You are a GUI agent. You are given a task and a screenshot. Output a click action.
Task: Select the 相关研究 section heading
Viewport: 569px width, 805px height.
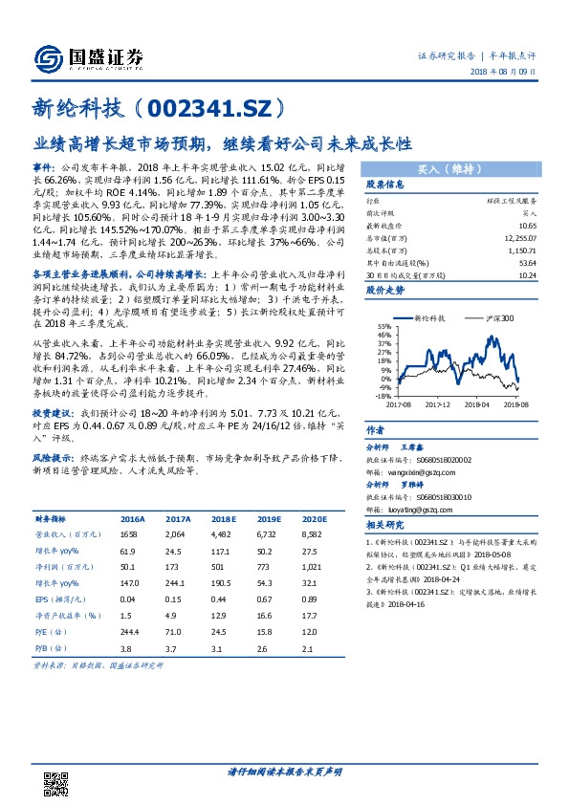tap(385, 524)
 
